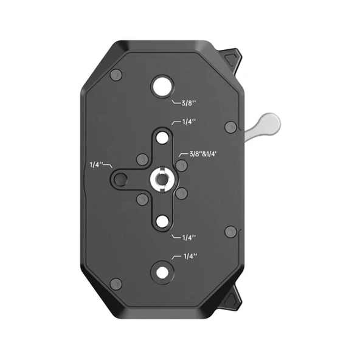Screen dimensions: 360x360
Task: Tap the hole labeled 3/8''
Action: click(162, 87)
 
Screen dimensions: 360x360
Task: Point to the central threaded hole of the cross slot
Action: click(161, 179)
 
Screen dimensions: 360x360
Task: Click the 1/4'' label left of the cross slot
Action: click(97, 164)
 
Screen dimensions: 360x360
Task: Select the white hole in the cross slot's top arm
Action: click(161, 137)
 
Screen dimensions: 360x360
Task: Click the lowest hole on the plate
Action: click(162, 272)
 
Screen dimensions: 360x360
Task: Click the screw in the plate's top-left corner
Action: click(116, 75)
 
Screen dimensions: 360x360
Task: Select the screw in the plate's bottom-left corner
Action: click(116, 283)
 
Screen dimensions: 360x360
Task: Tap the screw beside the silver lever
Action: click(230, 127)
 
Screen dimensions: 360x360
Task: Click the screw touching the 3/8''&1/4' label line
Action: click(181, 165)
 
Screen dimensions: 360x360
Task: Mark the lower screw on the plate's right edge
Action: click(230, 232)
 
